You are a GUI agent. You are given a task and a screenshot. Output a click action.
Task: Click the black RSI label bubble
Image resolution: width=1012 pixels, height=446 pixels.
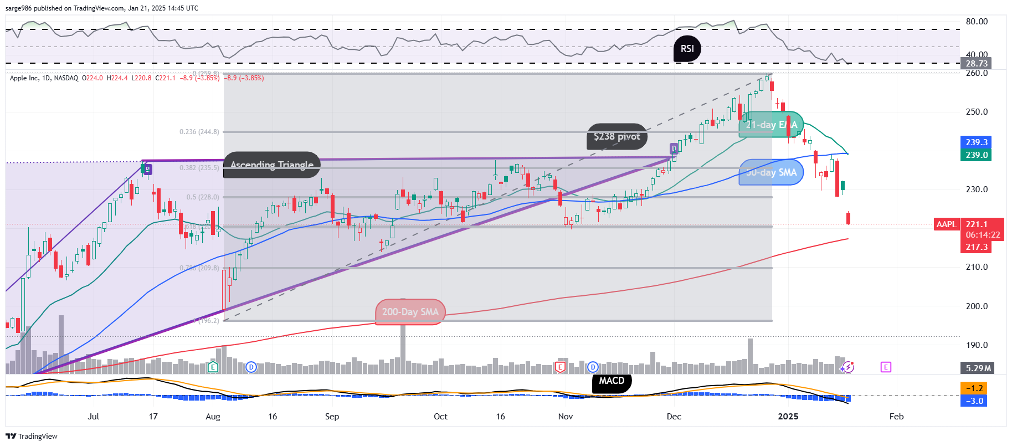click(687, 49)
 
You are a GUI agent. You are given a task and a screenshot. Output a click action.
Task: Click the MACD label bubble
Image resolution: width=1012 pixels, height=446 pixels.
click(612, 381)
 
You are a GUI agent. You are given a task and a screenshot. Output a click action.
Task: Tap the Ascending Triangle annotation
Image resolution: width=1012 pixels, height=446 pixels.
click(272, 165)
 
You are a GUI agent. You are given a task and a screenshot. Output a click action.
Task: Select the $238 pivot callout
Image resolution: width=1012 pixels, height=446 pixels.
click(617, 136)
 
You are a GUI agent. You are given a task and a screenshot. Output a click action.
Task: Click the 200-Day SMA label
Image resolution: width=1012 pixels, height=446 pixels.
click(410, 312)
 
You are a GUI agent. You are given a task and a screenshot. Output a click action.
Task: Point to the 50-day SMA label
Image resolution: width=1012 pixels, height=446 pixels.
click(771, 172)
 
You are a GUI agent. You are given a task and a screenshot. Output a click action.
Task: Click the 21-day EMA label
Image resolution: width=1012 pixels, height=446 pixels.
click(771, 125)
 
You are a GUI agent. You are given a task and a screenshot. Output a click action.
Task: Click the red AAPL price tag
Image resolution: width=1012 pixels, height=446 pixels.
click(946, 224)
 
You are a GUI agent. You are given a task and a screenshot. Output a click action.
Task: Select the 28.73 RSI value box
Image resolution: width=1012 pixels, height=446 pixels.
click(977, 64)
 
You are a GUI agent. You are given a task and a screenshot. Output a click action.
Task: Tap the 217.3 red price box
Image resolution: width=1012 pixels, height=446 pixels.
click(977, 247)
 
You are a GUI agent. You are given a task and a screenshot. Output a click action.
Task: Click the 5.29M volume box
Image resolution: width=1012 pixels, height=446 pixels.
click(978, 368)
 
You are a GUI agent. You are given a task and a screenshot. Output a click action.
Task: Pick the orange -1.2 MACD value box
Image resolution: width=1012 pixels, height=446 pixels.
click(975, 388)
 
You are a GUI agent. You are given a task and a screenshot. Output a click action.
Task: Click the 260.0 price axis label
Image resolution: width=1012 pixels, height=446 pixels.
click(977, 73)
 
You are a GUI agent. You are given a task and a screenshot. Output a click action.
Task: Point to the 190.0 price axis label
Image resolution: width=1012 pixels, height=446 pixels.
click(977, 345)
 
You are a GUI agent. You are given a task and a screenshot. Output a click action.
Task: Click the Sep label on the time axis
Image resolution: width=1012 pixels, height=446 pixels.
click(332, 417)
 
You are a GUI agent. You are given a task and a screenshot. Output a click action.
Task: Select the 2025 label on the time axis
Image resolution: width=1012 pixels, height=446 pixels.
click(788, 417)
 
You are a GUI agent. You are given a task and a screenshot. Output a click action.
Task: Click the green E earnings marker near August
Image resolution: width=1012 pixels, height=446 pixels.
click(213, 367)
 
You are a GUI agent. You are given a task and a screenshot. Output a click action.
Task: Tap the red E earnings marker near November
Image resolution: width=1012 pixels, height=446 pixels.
click(561, 367)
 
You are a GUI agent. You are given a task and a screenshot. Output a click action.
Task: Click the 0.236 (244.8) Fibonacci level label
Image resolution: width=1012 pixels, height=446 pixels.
click(199, 132)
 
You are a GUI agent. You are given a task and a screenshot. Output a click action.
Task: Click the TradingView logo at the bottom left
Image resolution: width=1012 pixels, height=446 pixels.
click(32, 436)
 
